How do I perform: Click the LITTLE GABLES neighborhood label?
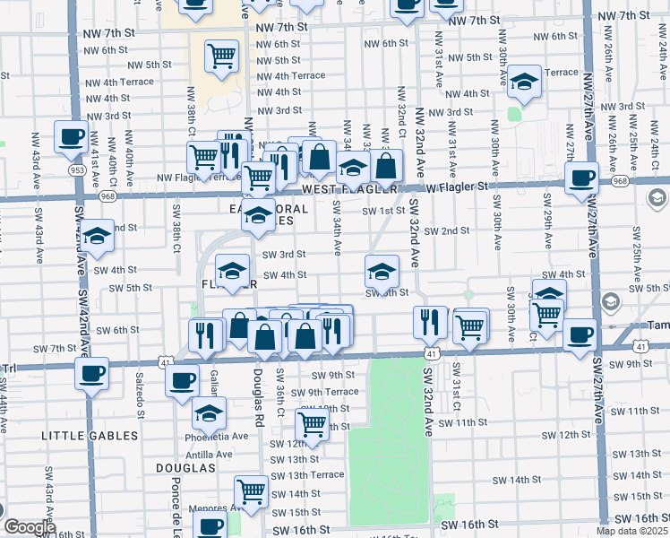point(90,436)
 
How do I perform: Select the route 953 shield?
point(78,168)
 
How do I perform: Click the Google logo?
point(29,527)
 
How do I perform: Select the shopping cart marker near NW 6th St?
point(221,56)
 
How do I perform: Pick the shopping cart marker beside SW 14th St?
point(251,491)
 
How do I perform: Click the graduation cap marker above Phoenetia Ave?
point(209,412)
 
